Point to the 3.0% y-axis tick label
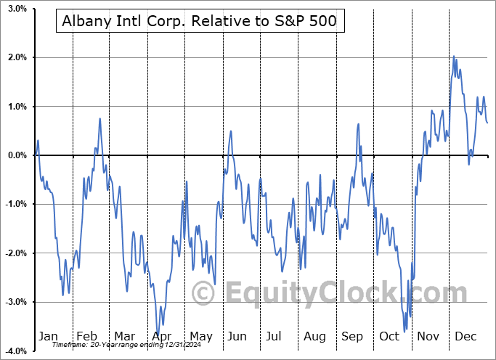(16, 9)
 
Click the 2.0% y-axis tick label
(16, 57)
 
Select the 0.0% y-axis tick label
(16, 155)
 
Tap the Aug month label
(314, 337)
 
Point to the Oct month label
(389, 337)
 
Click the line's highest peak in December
(453, 57)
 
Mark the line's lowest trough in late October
(404, 331)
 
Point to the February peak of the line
(99, 118)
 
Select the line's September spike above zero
(359, 124)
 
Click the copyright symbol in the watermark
(203, 293)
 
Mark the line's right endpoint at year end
(487, 122)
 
